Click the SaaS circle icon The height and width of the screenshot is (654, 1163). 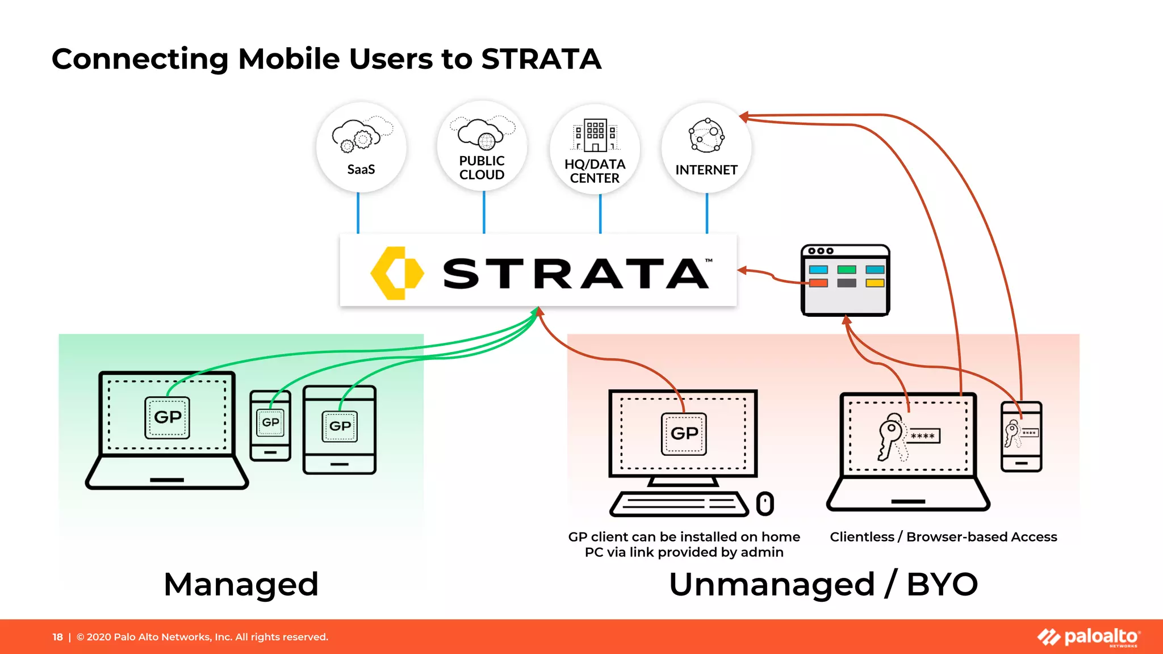tap(361, 147)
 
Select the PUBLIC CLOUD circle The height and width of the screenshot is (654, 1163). tap(482, 146)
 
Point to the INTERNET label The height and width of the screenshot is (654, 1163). tap(706, 170)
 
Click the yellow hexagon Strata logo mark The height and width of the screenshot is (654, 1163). tap(397, 273)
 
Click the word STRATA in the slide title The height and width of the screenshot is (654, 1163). tap(541, 59)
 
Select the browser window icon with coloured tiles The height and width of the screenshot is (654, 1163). tap(845, 280)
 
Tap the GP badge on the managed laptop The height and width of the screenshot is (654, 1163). tap(168, 418)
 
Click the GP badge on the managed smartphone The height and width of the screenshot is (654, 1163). tap(270, 422)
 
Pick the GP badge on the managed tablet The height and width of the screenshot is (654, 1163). tap(340, 426)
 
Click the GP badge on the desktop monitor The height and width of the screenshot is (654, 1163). tap(684, 434)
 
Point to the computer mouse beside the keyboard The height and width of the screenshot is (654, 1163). tap(765, 504)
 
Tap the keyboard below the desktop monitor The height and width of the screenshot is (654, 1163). tap(679, 504)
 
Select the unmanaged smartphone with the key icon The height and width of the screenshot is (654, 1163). tap(1021, 436)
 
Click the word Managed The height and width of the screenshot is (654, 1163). tap(241, 584)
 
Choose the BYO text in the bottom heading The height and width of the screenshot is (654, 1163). tap(942, 584)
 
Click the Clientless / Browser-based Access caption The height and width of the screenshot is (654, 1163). tap(943, 537)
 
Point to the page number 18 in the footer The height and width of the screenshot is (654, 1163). tap(57, 637)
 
